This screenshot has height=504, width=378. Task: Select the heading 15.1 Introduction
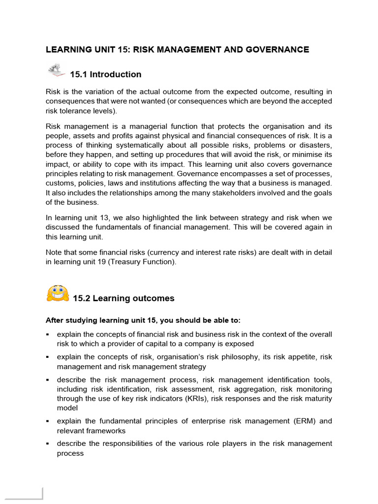click(105, 74)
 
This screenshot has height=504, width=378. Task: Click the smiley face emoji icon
click(57, 294)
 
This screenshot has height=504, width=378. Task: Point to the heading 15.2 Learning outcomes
click(124, 298)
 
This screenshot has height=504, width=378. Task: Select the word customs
click(60, 183)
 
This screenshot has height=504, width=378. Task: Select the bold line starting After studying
click(143, 320)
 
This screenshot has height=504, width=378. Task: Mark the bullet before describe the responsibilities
click(48, 444)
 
